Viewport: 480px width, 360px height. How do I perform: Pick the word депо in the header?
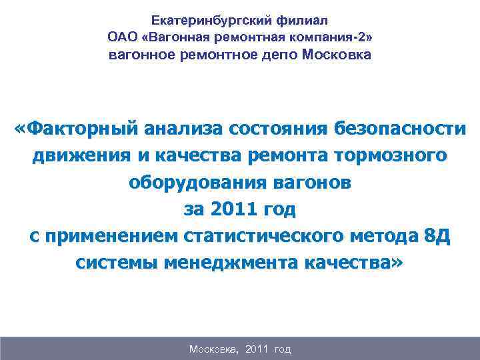(x=281, y=54)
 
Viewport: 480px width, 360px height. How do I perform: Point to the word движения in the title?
(x=81, y=155)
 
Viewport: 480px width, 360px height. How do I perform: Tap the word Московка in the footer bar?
(x=213, y=349)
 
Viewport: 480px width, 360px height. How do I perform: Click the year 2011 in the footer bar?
(x=257, y=349)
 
